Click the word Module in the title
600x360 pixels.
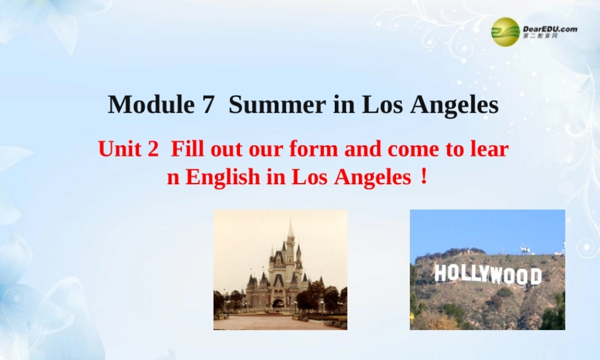pyautogui.click(x=146, y=105)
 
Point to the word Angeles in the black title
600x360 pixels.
pyautogui.click(x=454, y=105)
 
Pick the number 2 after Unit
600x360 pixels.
pyautogui.click(x=152, y=149)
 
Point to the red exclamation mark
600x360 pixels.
pyautogui.click(x=424, y=177)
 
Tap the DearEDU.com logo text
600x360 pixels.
pyautogui.click(x=550, y=29)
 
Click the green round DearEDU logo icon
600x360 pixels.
pyautogui.click(x=506, y=31)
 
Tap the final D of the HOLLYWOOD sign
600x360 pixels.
pyautogui.click(x=535, y=277)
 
